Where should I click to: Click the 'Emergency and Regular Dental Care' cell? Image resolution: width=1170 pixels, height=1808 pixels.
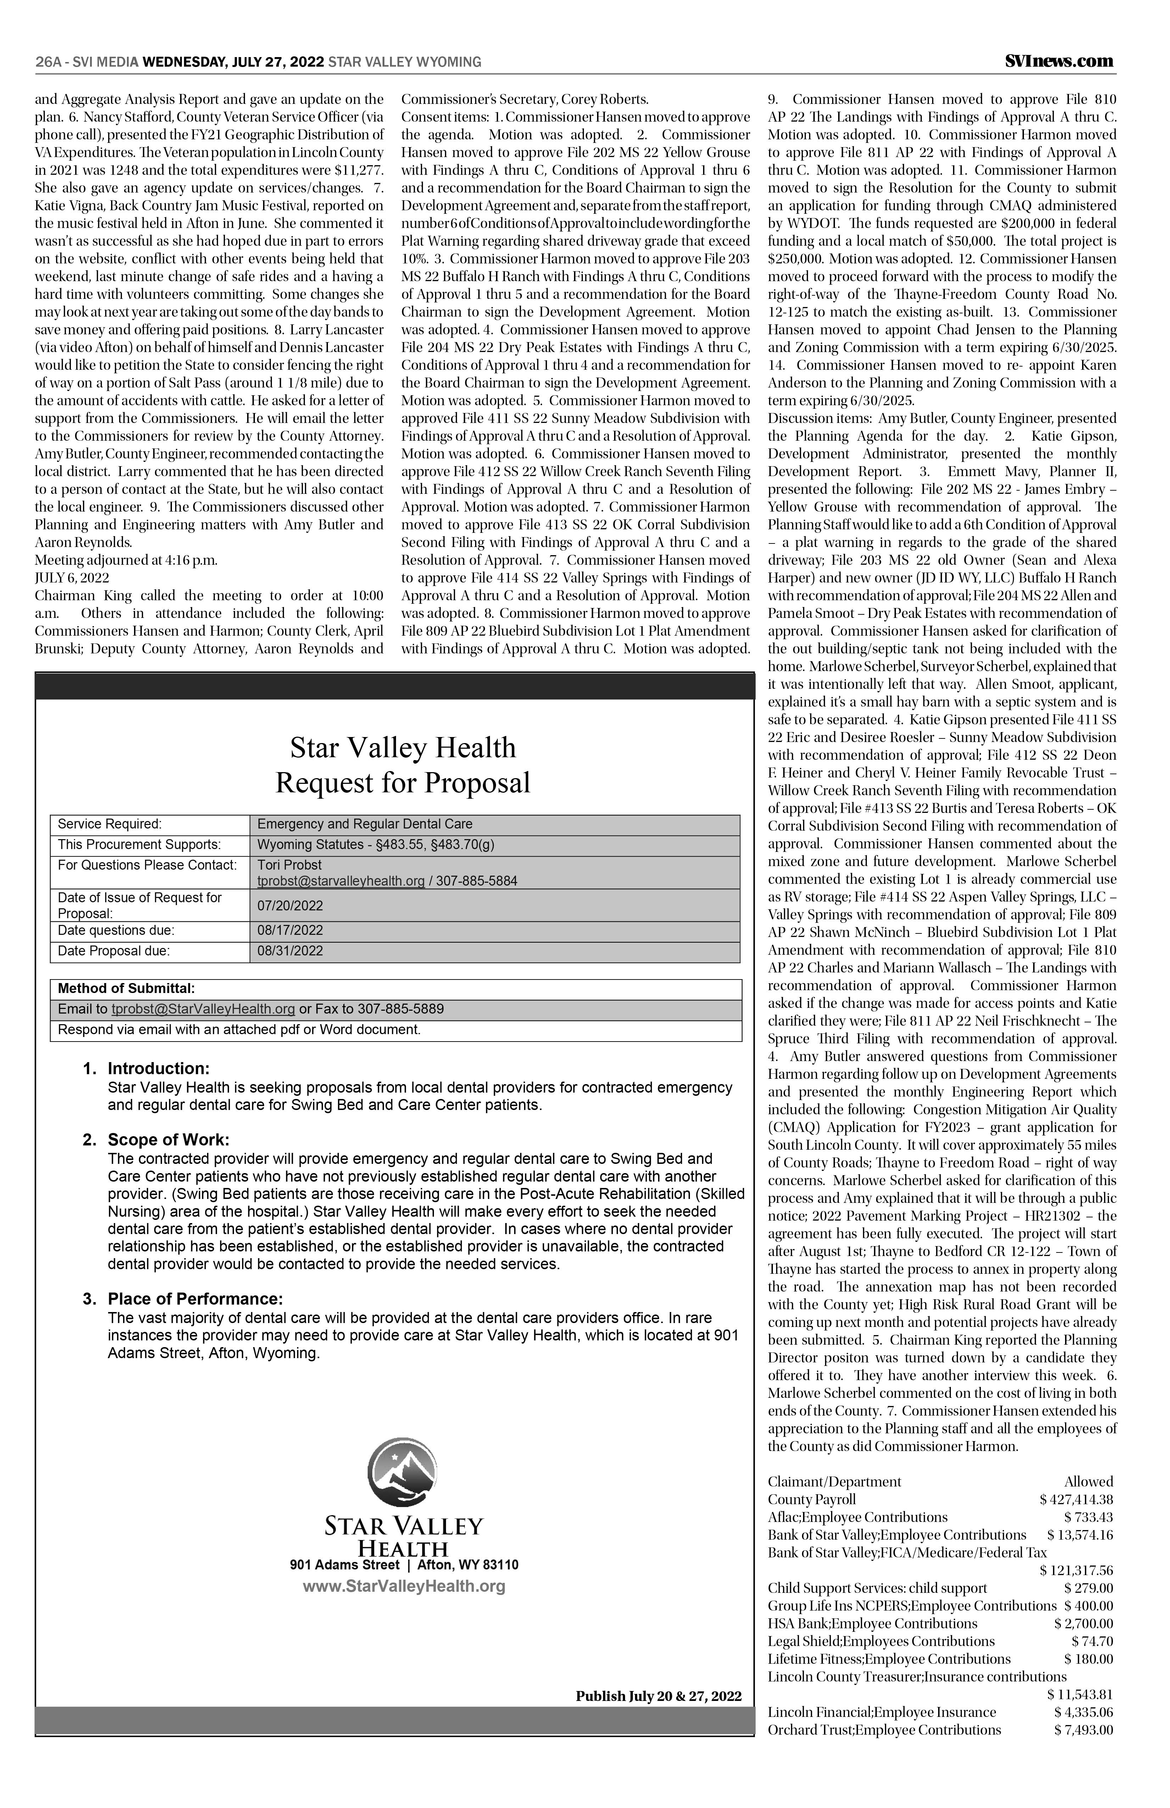[x=365, y=824]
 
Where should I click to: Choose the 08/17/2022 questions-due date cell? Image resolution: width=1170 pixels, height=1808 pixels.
[x=290, y=931]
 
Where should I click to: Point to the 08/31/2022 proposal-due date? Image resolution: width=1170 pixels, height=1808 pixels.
[x=290, y=951]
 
